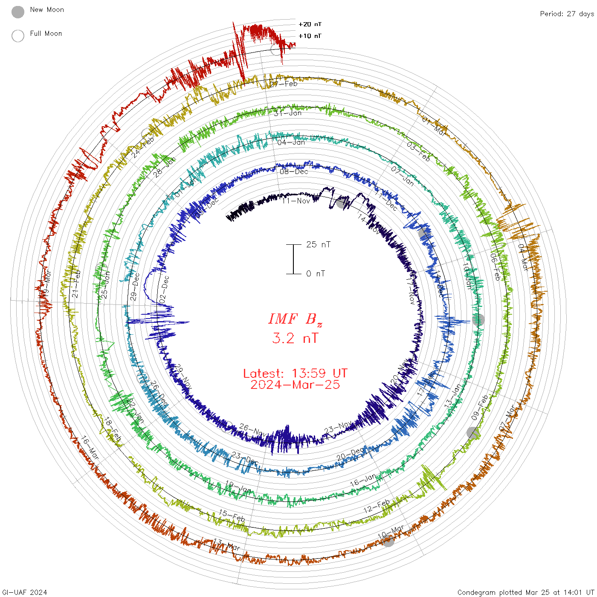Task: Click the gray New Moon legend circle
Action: tap(18, 12)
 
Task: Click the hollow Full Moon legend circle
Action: tap(18, 36)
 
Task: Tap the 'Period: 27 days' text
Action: tap(567, 14)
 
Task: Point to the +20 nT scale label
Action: tap(310, 24)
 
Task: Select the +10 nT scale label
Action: tap(310, 36)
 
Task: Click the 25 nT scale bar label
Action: tap(318, 244)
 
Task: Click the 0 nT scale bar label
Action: tap(316, 273)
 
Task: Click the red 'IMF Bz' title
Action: tap(295, 319)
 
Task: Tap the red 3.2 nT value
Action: tap(295, 338)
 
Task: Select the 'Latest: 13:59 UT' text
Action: tap(295, 374)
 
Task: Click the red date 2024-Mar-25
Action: tap(295, 385)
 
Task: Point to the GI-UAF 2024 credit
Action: tap(24, 592)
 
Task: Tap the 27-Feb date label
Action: tap(284, 84)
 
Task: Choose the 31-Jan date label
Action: tap(288, 113)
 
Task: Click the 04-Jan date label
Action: tap(291, 142)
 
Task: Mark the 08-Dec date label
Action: tap(294, 171)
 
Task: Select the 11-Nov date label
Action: tap(296, 200)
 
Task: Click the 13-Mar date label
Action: tap(227, 545)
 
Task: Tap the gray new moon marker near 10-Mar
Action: tap(388, 541)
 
